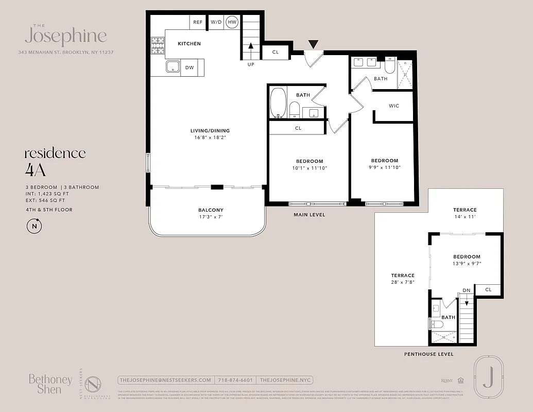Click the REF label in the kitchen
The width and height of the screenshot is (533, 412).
tap(197, 22)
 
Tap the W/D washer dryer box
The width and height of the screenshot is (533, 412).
tap(215, 22)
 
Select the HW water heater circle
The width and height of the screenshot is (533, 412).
tap(232, 22)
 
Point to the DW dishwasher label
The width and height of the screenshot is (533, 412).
tap(189, 67)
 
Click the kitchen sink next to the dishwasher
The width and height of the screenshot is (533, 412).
tap(172, 67)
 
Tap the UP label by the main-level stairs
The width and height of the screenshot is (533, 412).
tap(251, 65)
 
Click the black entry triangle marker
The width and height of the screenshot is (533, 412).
tap(313, 45)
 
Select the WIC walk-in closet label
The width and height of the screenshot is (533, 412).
tap(393, 106)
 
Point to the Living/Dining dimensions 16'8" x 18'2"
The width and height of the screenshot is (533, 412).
tap(210, 138)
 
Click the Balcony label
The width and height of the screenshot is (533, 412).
tap(211, 210)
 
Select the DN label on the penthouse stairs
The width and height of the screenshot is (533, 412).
tap(466, 290)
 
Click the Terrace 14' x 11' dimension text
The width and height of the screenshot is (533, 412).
tap(465, 217)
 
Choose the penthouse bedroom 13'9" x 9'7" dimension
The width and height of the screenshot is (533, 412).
tap(467, 264)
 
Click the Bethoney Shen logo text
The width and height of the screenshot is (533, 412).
tap(50, 384)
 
